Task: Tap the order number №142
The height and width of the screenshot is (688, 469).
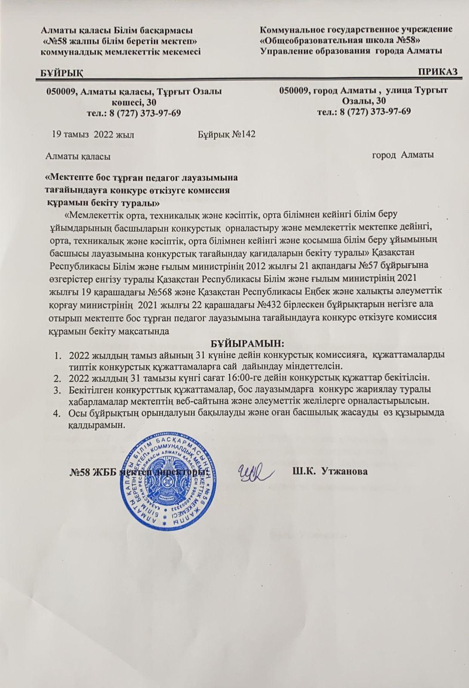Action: (x=244, y=134)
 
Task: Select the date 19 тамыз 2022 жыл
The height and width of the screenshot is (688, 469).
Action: (x=93, y=134)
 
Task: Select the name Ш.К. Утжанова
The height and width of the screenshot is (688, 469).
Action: (x=330, y=471)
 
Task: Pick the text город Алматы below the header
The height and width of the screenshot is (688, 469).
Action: (x=402, y=155)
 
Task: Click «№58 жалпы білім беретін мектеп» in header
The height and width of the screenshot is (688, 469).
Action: (x=121, y=40)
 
